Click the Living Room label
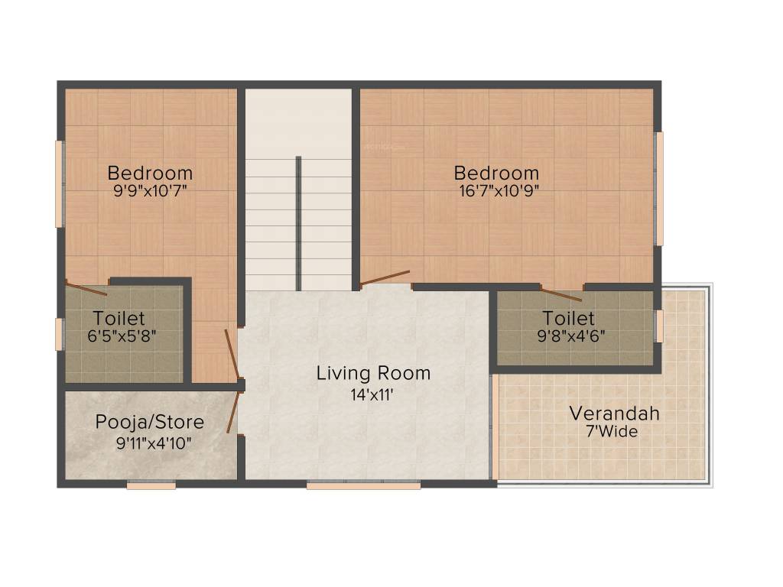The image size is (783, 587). [373, 374]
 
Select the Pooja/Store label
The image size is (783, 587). [150, 422]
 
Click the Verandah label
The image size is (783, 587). [614, 414]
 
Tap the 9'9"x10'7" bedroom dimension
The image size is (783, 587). [150, 191]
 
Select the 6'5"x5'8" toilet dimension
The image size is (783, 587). [123, 335]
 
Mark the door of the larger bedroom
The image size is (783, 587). [385, 277]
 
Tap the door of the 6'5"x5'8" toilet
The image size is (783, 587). [86, 288]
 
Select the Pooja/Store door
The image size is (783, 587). [232, 413]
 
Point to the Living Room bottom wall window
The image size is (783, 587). [363, 485]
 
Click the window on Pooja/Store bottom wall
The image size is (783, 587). [151, 485]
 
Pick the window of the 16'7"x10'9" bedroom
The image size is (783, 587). [659, 188]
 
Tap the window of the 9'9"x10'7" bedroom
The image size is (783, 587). [59, 183]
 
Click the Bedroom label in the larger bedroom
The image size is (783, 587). [496, 173]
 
